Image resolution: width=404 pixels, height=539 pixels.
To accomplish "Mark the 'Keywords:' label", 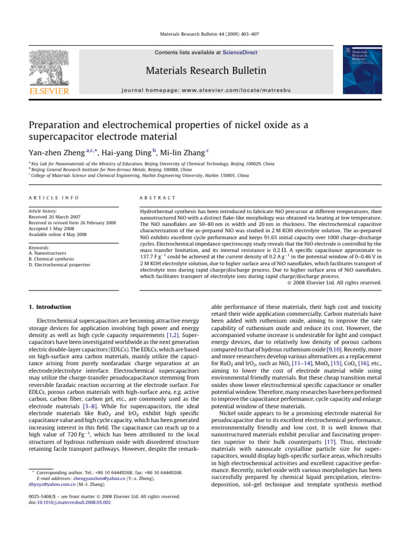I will coord(40,247).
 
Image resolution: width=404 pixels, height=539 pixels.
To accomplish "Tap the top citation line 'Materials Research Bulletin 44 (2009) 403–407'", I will coord(202,34).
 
